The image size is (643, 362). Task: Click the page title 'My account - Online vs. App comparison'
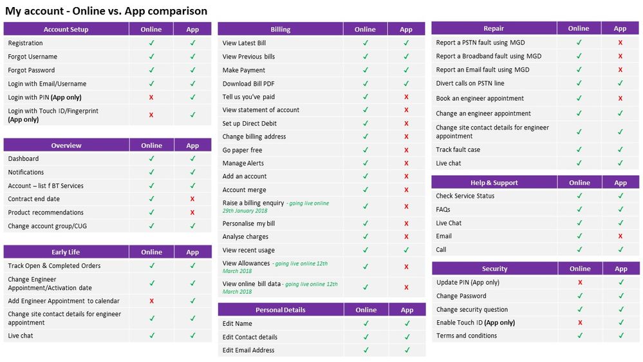106,11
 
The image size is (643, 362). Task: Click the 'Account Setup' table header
66,29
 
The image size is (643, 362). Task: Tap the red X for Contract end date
192,199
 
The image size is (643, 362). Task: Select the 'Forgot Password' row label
32,70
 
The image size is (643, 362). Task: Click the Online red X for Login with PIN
151,97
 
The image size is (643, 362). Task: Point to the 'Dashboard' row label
23,158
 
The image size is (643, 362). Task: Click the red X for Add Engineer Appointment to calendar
151,301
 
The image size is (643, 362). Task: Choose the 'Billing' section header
280,29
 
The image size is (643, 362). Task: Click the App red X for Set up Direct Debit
406,124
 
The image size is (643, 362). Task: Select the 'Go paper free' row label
242,150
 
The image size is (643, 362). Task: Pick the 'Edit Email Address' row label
248,350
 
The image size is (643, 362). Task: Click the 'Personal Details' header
280,310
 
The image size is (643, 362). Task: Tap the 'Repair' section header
494,28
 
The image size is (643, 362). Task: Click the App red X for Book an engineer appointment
620,99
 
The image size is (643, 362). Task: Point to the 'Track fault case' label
458,149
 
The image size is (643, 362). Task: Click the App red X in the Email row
620,236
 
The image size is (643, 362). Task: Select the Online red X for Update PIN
580,283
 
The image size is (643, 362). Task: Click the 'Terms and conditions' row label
466,336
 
